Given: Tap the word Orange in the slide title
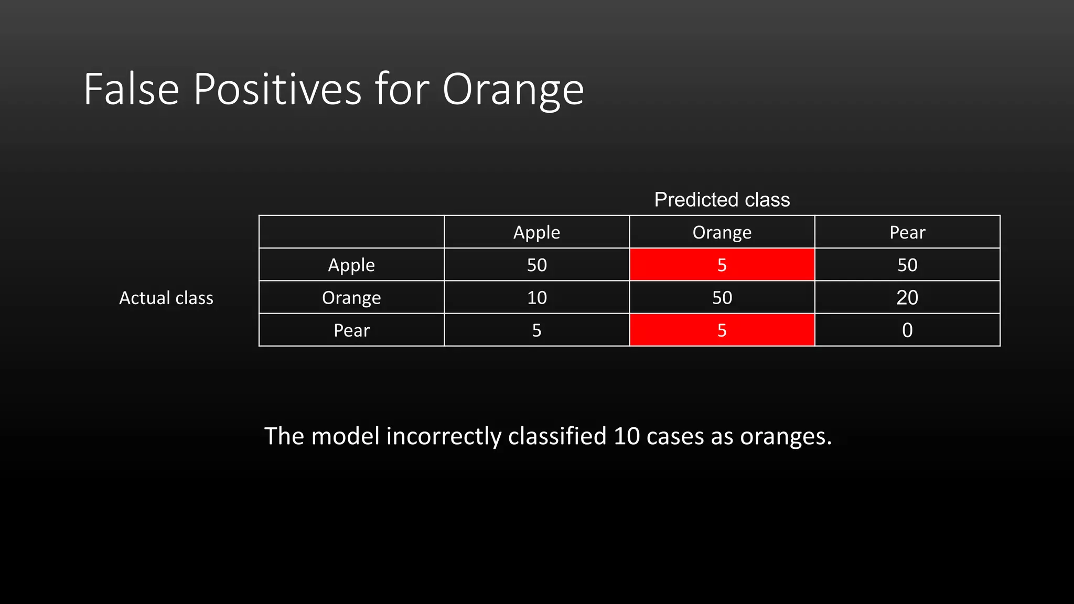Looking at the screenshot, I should pos(513,90).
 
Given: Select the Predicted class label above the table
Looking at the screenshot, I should pos(722,200).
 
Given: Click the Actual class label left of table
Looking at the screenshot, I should pos(166,298).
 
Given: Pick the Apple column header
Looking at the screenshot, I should pos(536,232).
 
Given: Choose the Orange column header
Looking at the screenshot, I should pos(722,232).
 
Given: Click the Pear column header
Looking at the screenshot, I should pos(907,232).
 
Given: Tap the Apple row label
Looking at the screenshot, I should pos(351,265).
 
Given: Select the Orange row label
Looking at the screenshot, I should pos(351,297).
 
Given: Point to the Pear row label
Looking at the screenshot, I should pos(351,330).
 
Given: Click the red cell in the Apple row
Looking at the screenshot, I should pos(722,265).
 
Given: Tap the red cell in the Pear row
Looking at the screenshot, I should pos(722,330).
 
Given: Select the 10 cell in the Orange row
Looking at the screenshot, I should pos(536,297).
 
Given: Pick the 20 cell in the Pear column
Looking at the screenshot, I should pos(907,297).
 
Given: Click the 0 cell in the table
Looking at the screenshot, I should pos(907,330).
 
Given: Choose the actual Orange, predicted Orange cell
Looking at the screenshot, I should pos(722,297).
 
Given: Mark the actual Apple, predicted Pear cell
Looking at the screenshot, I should pos(907,265).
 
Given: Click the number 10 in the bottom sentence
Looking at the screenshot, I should pos(626,436).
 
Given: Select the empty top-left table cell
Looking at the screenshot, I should pos(351,232).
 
